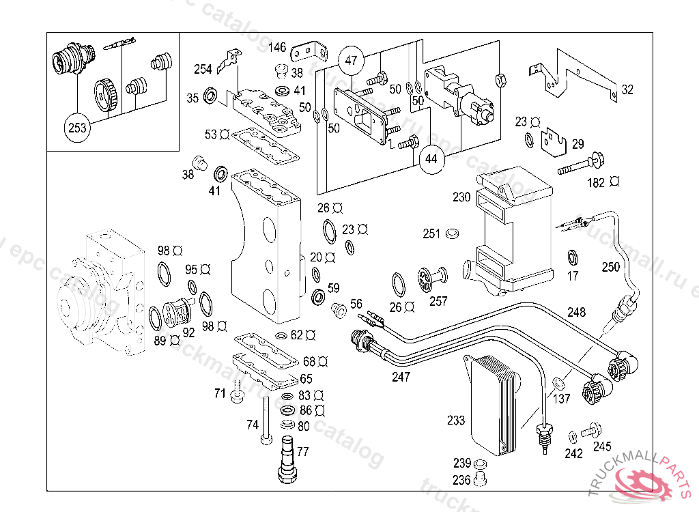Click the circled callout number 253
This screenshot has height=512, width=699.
click(76, 127)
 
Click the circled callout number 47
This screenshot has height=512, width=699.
click(351, 60)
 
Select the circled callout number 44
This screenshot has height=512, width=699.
click(431, 159)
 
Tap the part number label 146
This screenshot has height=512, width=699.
click(277, 47)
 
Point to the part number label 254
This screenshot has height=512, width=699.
click(203, 69)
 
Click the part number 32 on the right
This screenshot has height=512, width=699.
click(627, 89)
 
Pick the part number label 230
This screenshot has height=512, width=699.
click(461, 197)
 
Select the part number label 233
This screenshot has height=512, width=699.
click(456, 421)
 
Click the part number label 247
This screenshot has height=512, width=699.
click(401, 376)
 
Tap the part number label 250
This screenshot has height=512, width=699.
click(611, 266)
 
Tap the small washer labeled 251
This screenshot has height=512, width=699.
click(451, 234)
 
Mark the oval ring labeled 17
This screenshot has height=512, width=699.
click(572, 258)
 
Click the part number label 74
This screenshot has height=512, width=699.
click(253, 425)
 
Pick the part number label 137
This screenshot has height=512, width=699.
click(562, 399)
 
